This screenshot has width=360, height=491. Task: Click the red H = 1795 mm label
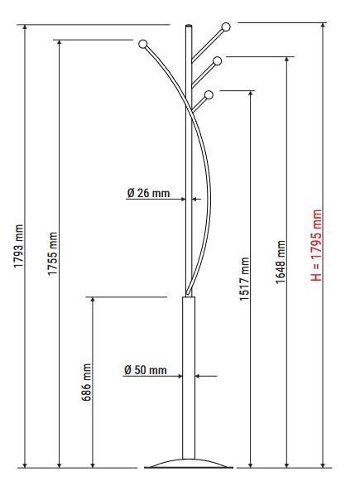click(316, 245)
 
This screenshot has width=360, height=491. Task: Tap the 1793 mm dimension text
click(19, 246)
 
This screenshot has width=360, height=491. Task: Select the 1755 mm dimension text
click(53, 253)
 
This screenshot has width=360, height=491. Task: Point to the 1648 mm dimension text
click(281, 262)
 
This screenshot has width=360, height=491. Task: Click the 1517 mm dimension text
click(244, 279)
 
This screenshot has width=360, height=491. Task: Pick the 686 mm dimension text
click(86, 382)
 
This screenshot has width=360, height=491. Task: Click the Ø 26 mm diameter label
click(148, 193)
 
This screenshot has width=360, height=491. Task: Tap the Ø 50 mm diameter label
click(146, 370)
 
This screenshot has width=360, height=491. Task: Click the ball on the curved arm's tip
click(142, 44)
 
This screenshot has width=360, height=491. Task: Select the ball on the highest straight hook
click(226, 27)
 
